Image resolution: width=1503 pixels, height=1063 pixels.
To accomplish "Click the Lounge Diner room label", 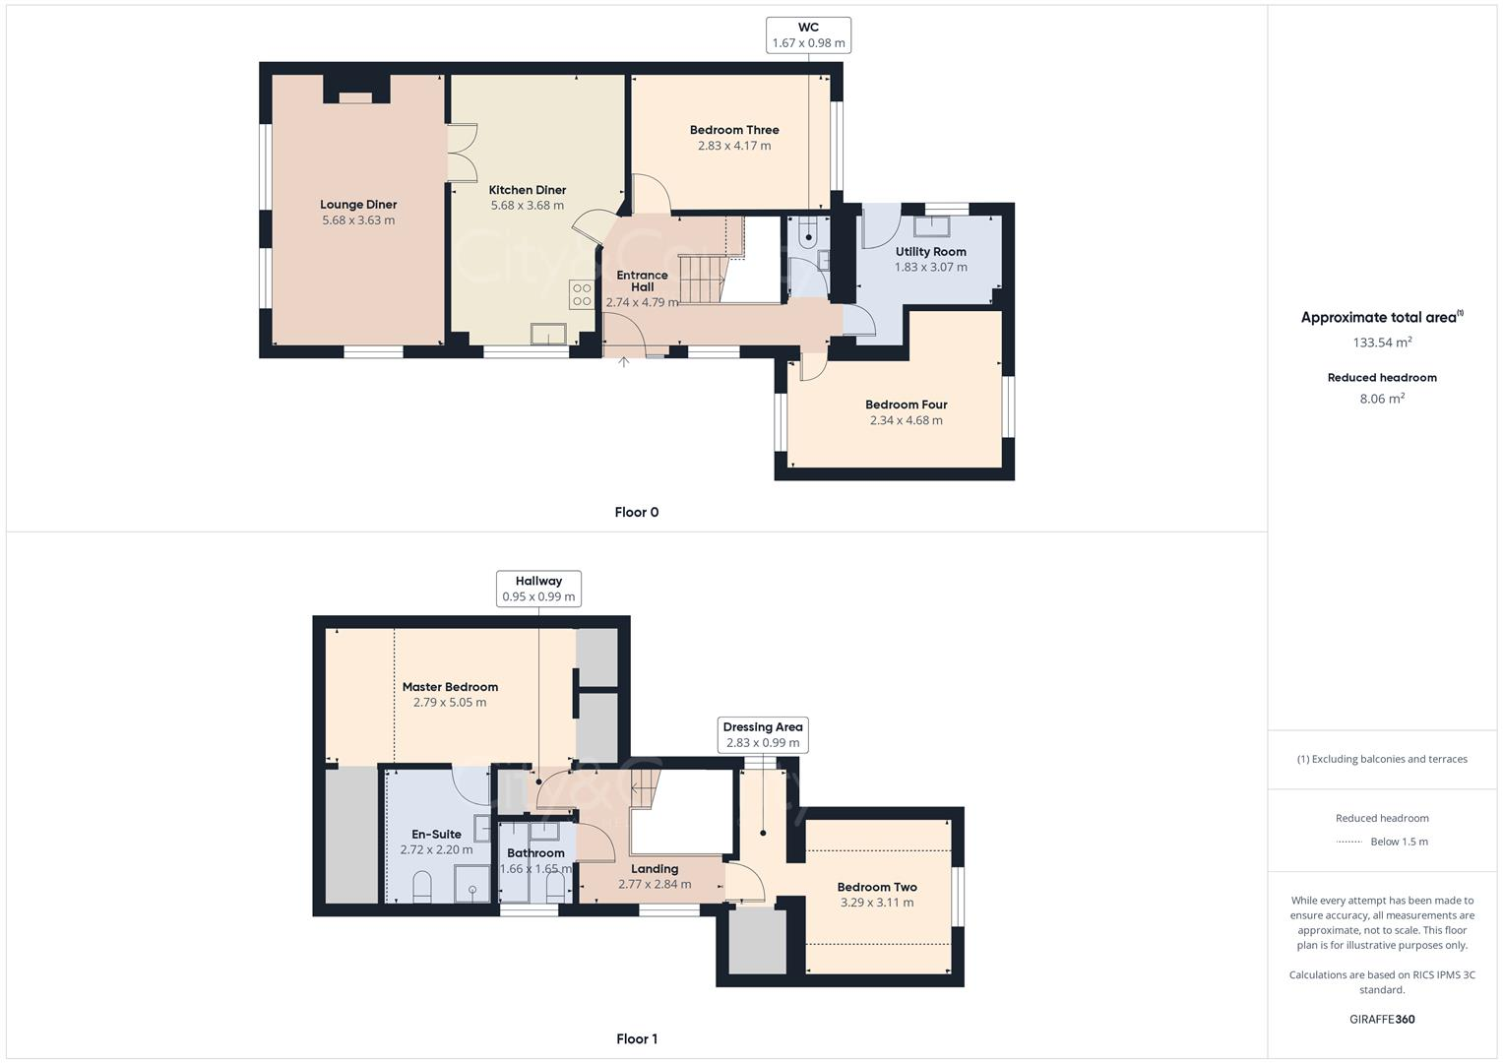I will click(358, 205).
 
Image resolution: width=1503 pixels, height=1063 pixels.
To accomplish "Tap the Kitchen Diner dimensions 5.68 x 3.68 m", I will click(527, 206).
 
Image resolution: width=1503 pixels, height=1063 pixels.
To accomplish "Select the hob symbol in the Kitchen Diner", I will click(582, 294).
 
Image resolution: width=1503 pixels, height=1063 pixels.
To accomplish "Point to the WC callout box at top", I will click(808, 34).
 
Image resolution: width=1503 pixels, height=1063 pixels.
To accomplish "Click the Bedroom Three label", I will click(734, 130).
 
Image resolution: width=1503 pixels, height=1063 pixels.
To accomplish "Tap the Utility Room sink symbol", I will click(930, 226).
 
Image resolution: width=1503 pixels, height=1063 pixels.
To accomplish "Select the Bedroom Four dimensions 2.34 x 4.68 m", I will click(906, 420).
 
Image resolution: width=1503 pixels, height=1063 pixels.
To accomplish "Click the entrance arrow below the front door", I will click(623, 363).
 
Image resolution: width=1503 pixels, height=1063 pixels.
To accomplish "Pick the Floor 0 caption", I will click(636, 512).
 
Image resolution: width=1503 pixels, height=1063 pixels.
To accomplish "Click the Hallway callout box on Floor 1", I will click(538, 589).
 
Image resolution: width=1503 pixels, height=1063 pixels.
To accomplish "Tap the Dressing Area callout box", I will click(762, 734).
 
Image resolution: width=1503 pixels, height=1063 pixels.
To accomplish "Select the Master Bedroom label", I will click(450, 687).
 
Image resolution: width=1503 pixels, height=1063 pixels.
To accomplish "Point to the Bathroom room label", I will click(535, 853).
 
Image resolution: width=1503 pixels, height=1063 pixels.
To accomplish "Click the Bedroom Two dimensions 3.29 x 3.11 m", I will click(876, 903).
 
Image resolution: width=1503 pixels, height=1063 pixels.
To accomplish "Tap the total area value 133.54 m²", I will click(1382, 343).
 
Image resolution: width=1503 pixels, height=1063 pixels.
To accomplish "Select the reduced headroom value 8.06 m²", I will click(1382, 399).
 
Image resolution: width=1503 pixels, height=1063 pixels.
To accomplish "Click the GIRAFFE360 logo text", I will click(1382, 1019).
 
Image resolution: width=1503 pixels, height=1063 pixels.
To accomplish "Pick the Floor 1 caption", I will click(636, 1038).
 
